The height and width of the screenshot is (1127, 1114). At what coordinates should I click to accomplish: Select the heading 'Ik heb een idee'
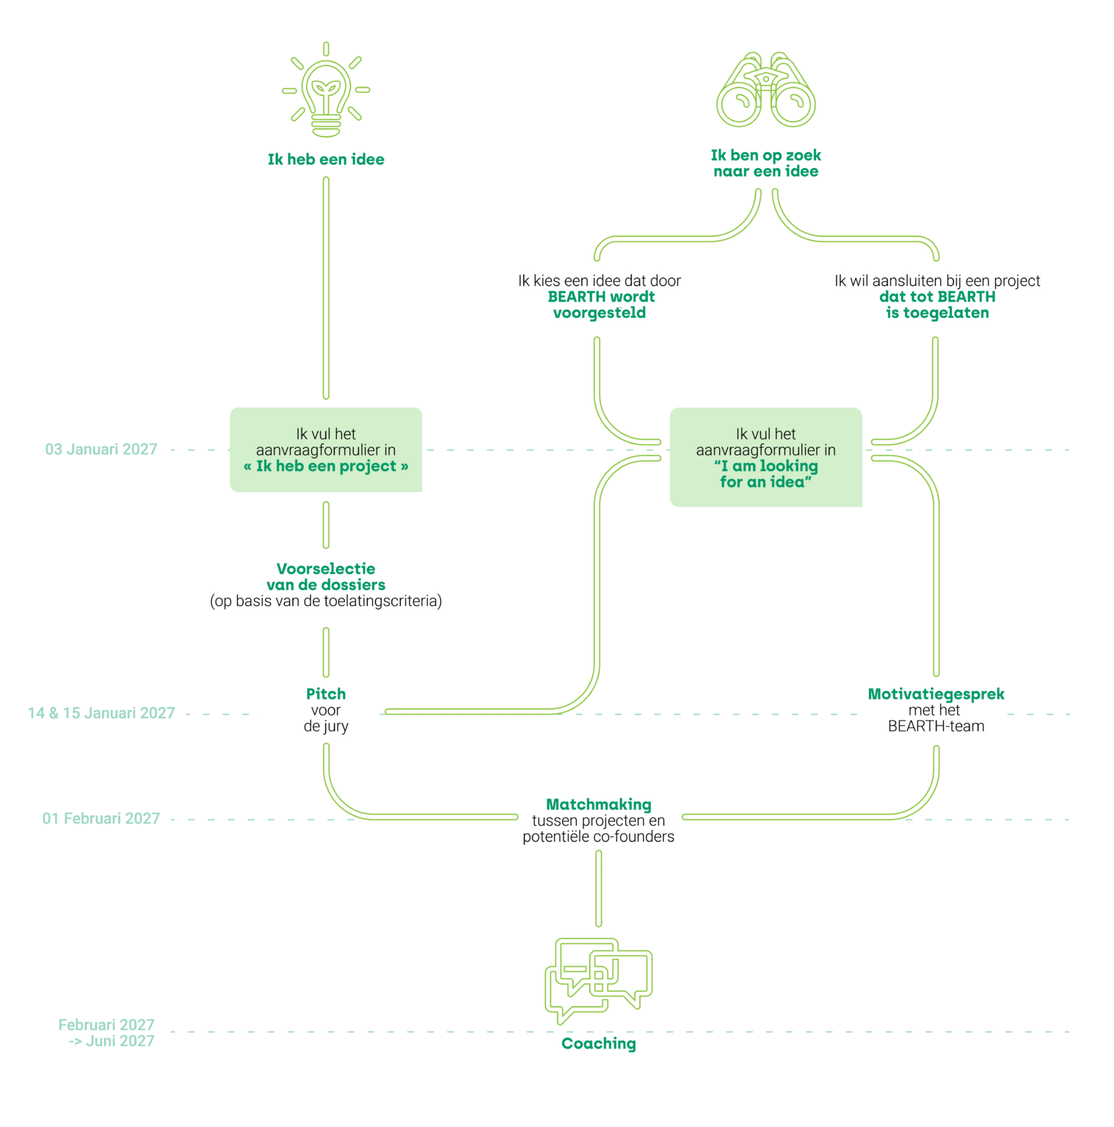click(x=326, y=159)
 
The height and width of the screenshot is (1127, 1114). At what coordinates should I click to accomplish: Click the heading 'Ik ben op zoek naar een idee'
click(x=765, y=163)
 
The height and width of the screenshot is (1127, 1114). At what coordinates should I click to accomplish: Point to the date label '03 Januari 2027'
click(x=101, y=449)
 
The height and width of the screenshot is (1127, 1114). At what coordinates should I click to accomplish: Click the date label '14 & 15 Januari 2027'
click(x=101, y=713)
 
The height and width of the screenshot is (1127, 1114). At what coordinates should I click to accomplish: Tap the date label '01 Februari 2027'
click(x=101, y=818)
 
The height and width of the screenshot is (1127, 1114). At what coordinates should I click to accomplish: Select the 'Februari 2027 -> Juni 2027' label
click(x=107, y=1032)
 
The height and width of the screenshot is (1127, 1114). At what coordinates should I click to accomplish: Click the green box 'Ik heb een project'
click(x=326, y=450)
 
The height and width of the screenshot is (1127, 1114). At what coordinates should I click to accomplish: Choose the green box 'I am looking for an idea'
click(x=765, y=457)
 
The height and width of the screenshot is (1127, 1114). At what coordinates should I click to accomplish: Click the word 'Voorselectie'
click(x=326, y=569)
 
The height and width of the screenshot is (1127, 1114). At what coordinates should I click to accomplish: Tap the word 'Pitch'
click(x=326, y=694)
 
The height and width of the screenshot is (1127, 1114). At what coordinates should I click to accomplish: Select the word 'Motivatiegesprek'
click(x=936, y=694)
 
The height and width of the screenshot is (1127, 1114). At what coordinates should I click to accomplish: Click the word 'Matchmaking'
click(x=599, y=804)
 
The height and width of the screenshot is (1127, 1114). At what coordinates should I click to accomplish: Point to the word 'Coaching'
click(x=599, y=1043)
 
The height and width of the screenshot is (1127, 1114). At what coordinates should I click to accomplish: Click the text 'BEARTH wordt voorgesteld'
click(x=600, y=304)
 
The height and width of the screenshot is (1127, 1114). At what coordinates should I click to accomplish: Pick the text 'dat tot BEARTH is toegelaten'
click(x=937, y=304)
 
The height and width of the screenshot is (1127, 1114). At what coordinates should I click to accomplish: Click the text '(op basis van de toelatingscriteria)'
click(x=326, y=601)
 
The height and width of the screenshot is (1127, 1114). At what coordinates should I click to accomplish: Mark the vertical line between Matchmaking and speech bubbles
click(x=599, y=889)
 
